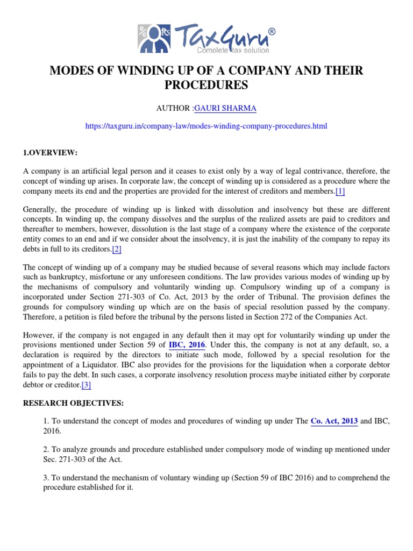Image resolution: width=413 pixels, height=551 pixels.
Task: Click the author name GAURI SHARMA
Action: pyautogui.click(x=218, y=109)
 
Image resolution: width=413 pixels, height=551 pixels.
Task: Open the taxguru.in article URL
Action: pyautogui.click(x=206, y=126)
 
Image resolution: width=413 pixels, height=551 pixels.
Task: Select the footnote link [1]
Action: pyautogui.click(x=340, y=192)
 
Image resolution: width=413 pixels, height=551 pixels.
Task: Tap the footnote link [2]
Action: pyautogui.click(x=117, y=249)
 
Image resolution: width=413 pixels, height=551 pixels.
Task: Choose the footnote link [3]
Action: pyautogui.click(x=86, y=385)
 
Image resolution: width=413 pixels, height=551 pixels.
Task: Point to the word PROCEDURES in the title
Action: pyautogui.click(x=206, y=85)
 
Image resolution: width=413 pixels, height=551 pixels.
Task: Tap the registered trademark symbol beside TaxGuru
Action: pyautogui.click(x=271, y=32)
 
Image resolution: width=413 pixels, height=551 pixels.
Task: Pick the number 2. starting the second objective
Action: pyautogui.click(x=46, y=448)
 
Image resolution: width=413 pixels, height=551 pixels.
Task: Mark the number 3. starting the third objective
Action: pyautogui.click(x=46, y=477)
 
